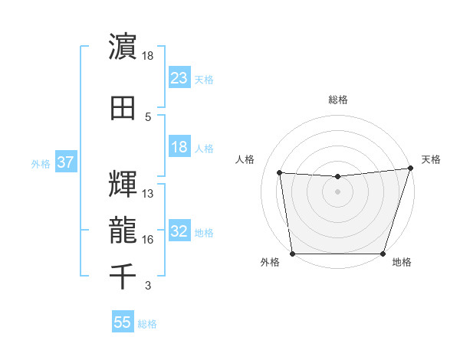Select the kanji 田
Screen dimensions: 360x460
pos(123,108)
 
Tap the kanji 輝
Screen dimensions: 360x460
pos(123,185)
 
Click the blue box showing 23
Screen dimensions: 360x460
pos(179,78)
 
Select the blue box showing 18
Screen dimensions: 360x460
pos(179,148)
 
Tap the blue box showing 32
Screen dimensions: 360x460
pos(179,232)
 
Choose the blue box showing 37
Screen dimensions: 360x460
pos(65,163)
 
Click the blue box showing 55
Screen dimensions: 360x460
pos(123,322)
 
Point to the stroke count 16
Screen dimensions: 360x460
pos(148,240)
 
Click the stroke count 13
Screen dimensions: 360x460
pos(148,194)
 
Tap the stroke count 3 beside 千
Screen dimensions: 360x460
pos(147,286)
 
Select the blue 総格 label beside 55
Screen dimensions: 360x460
pos(147,324)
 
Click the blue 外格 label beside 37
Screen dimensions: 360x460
pos(41,164)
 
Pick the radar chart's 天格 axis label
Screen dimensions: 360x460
pos(431,159)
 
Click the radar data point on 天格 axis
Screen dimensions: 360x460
pos(410,169)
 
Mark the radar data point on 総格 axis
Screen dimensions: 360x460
pos(337,177)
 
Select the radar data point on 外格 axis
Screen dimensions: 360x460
pos(292,254)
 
